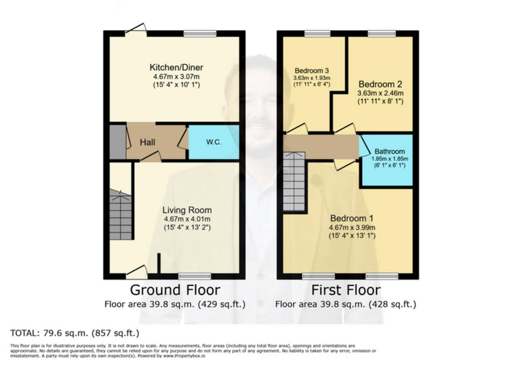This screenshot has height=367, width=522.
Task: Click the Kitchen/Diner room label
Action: tap(176, 67)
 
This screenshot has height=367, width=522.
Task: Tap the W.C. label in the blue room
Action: tap(214, 142)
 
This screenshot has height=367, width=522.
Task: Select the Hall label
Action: tap(147, 142)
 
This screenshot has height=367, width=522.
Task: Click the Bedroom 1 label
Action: tap(348, 218)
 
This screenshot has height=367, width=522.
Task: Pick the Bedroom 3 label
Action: tap(311, 71)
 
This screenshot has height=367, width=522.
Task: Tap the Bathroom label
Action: tap(389, 152)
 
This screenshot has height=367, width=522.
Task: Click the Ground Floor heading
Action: tap(175, 290)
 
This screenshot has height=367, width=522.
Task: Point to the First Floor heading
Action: tap(346, 290)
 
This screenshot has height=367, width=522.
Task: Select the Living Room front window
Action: tap(194, 276)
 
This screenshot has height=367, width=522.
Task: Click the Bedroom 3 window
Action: tap(317, 33)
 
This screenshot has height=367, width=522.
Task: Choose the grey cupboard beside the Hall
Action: tap(117, 142)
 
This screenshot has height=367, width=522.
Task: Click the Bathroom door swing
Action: tap(365, 146)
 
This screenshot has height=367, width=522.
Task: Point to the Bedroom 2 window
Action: tap(381, 33)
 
